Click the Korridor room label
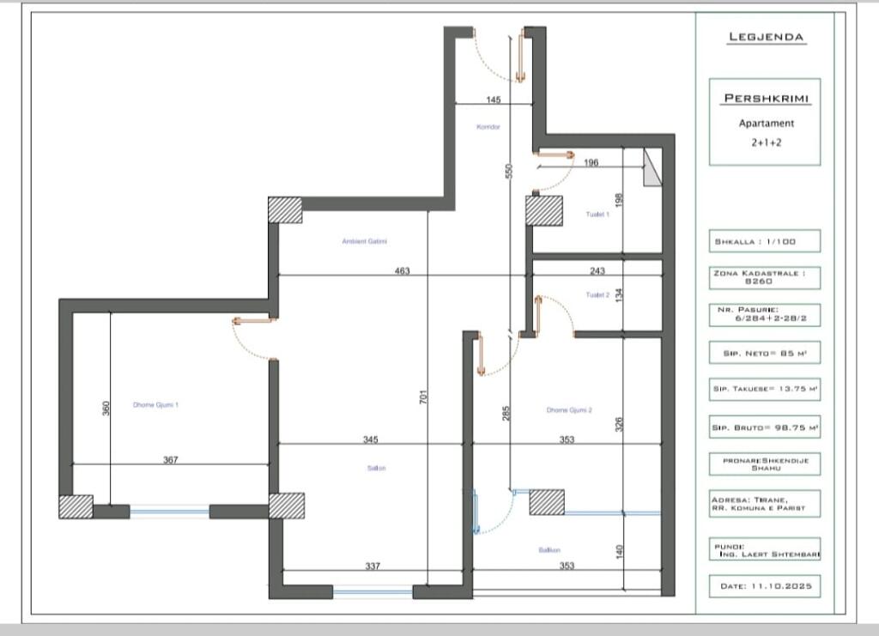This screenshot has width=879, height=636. pos(488,127)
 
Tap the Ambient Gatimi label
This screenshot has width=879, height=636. pos(365,241)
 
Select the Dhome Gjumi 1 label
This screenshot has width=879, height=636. pos(155,404)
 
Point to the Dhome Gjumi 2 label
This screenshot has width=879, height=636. pos(569,410)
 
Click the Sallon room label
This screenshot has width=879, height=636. pos(377,468)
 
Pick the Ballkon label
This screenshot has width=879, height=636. pos(549,549)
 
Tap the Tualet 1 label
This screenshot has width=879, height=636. pos(597,215)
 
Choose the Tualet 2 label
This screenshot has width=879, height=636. pos(597,294)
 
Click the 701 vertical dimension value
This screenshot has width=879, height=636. pos(424,397)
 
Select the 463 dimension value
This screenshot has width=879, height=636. pos(403,271)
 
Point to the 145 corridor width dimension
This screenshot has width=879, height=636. pos(493,100)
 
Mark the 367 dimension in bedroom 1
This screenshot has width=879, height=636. pos(171,460)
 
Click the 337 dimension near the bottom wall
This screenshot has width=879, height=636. pos(373,566)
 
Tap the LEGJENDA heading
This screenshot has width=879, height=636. pos(766,37)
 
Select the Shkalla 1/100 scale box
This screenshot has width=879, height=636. pos(765,241)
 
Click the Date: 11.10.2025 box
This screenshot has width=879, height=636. pos(765,586)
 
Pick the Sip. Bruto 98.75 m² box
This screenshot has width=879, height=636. pos(765,427)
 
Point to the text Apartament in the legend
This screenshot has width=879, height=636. pos(767,124)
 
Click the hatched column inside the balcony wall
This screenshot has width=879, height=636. pos(546,502)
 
